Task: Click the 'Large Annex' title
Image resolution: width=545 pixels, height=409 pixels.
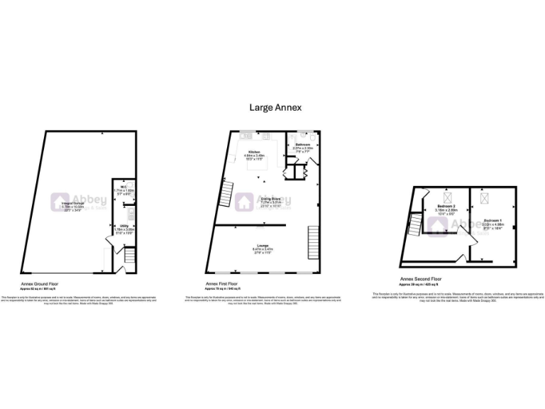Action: click(275, 107)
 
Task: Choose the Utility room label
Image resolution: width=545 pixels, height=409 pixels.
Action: click(123, 228)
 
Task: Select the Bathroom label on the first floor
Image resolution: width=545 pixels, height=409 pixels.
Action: click(303, 146)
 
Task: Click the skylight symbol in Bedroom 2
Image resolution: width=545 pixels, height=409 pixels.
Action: click(448, 197)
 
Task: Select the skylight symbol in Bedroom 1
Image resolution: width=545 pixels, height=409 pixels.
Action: click(486, 197)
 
